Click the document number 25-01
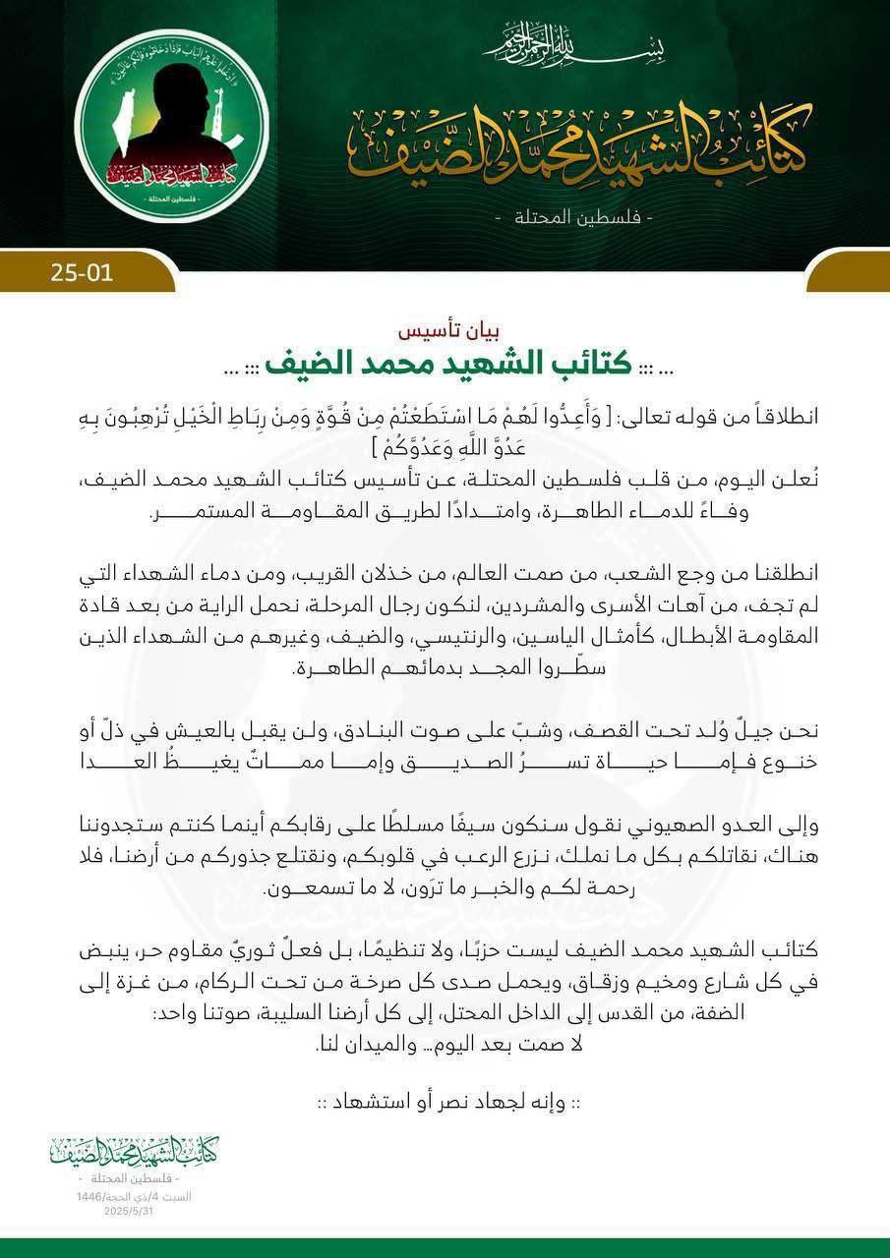coord(82,271)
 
